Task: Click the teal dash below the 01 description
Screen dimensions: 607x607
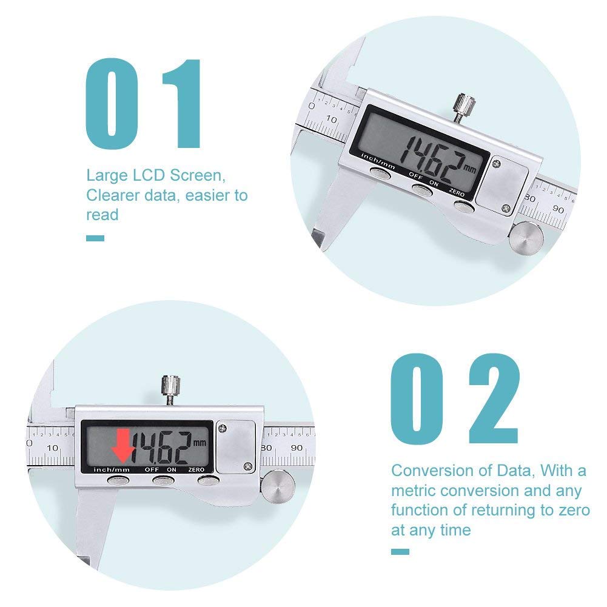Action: (x=95, y=238)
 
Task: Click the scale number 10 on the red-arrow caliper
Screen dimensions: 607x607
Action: (x=53, y=448)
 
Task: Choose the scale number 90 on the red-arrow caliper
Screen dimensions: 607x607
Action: (x=297, y=448)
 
